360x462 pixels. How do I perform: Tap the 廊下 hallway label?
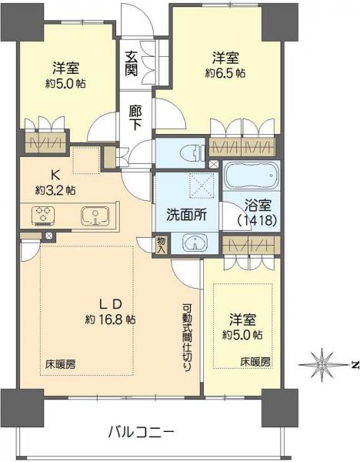[x=135, y=116]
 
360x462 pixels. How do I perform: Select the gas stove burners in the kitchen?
[x=41, y=216]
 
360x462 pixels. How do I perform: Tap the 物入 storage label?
[x=161, y=244]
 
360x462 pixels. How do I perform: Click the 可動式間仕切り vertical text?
[x=187, y=336]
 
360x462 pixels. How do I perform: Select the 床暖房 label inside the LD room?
[x=54, y=362]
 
